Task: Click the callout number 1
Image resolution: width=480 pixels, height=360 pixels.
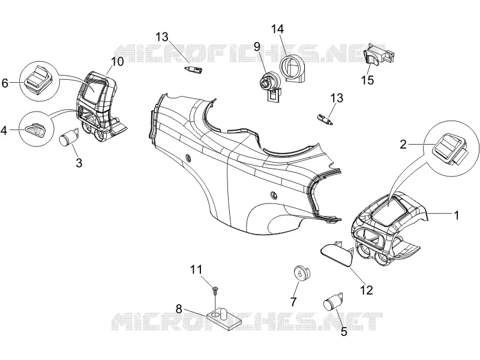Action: click(457, 215)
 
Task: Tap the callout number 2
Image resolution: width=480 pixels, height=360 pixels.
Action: click(403, 144)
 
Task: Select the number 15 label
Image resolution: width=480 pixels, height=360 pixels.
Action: click(367, 80)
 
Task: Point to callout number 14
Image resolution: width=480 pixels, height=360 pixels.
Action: click(277, 29)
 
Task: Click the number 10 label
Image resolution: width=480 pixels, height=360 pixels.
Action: click(117, 61)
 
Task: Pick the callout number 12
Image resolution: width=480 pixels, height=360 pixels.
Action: click(367, 290)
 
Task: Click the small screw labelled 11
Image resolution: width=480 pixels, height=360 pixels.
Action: click(215, 290)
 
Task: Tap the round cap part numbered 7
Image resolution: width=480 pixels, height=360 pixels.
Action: click(302, 273)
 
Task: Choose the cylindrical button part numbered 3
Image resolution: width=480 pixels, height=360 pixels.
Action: click(68, 137)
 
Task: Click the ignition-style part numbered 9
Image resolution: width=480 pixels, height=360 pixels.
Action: click(270, 85)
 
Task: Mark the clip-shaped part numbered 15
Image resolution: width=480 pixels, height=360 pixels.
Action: click(378, 54)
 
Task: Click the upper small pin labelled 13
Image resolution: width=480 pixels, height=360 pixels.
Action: click(194, 70)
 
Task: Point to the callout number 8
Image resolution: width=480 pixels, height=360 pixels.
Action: click(179, 309)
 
